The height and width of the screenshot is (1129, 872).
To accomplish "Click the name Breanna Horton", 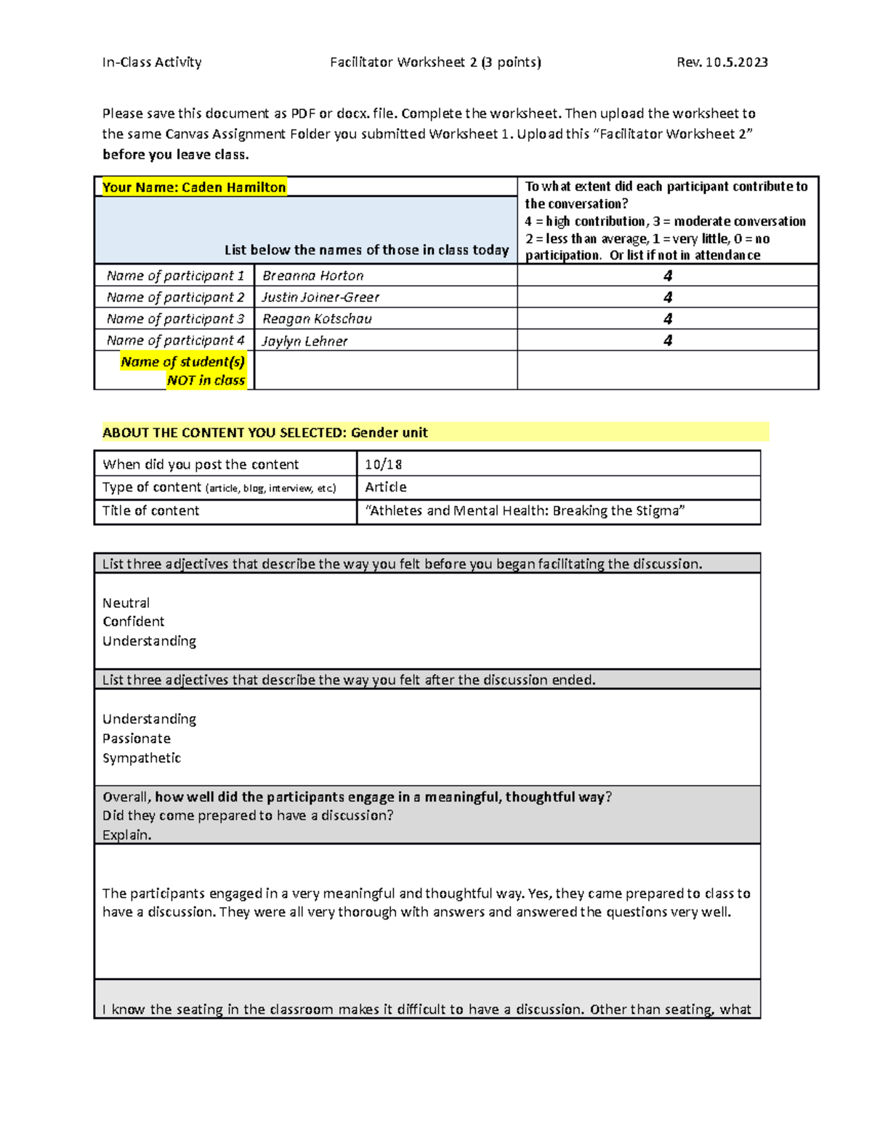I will (x=312, y=276).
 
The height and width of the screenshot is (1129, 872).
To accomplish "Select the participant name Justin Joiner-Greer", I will (x=320, y=297).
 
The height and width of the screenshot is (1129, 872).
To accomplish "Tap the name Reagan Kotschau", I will (x=317, y=318).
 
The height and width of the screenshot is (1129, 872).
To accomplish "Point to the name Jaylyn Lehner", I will (x=304, y=341).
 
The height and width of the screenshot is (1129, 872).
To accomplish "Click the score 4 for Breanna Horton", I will (x=668, y=276).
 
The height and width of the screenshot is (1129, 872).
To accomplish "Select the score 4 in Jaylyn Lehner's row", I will (x=668, y=340).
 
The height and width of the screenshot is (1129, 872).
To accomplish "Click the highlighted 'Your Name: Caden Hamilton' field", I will (x=194, y=187).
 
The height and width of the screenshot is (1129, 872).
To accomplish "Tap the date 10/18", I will (x=384, y=464).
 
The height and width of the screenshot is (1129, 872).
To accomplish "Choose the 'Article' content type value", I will (x=386, y=487).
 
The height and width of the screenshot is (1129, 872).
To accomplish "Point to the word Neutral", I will (x=126, y=603).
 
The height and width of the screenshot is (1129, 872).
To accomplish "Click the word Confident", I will (x=134, y=622).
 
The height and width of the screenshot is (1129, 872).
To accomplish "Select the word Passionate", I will (x=137, y=739).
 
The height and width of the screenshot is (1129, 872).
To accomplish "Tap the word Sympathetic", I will (x=142, y=758).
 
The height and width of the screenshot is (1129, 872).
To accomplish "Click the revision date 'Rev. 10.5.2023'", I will (x=722, y=63).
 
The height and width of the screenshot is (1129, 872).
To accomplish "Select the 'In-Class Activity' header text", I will (x=152, y=63).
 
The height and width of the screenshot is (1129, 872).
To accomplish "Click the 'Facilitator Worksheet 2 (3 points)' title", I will (x=435, y=63).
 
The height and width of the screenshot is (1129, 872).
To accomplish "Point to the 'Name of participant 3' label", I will (x=175, y=318).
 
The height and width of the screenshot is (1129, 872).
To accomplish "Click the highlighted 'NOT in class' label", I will (x=206, y=380).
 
